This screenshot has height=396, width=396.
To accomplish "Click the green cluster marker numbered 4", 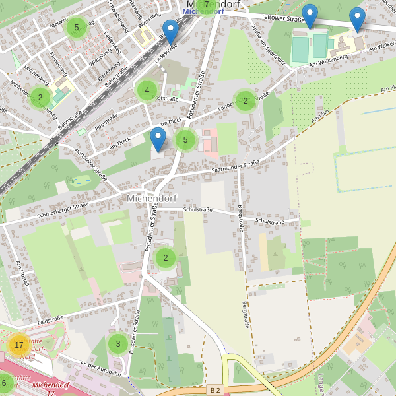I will (147, 90).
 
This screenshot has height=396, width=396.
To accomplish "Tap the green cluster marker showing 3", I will (118, 343).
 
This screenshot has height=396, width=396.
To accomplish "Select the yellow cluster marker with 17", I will (18, 345).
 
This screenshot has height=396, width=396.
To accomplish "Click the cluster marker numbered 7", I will (207, 5).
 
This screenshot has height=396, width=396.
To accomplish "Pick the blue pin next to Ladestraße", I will (171, 32).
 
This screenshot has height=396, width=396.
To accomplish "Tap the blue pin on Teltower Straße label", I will (310, 16).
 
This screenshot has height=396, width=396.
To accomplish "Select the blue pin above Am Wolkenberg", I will (357, 19).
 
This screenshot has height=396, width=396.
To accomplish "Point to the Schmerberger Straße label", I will (63, 209).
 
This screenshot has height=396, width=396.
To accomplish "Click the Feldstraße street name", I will (50, 319).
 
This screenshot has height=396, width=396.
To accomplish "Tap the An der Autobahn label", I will (100, 368).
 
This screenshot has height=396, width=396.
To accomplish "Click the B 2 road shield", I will (214, 390).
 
